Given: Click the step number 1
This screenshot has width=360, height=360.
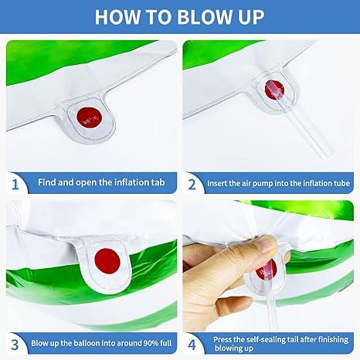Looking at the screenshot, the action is coord(15,185).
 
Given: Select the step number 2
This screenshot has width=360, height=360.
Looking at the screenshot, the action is coord(192,185).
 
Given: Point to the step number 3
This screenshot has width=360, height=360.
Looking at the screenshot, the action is coord(15,345).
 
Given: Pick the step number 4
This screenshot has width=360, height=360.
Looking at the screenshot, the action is coord(192,345).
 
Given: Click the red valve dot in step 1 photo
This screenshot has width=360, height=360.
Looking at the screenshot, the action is coord(89,117).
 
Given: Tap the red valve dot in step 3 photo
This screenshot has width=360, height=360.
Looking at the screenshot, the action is coord(107,261).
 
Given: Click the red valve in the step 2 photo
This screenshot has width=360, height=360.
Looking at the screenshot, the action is coord(274,90).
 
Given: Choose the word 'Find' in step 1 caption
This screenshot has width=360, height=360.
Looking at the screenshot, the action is coord(47,182).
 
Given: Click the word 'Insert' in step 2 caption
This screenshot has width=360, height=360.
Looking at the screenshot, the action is coord(217,183).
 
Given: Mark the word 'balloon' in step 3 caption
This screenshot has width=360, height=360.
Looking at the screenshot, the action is coord(87,343).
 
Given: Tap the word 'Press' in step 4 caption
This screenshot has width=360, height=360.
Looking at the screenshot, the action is coord(222,340).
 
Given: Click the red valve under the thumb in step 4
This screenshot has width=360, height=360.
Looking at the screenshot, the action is coord(267,270).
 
